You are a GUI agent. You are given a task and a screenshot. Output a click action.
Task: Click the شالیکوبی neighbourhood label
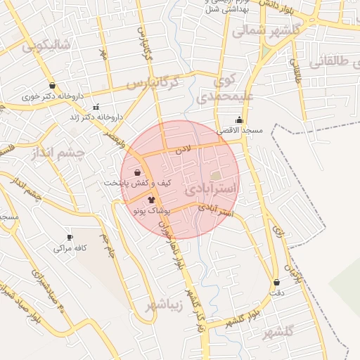point(46,46)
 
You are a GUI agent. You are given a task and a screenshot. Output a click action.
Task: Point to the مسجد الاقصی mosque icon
point(240,119)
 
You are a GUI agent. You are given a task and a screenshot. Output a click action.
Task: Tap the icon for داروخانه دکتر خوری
point(53,86)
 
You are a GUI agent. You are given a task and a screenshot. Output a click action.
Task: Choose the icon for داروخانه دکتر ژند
point(95,107)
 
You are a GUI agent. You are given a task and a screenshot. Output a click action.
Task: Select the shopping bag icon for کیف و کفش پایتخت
point(136,172)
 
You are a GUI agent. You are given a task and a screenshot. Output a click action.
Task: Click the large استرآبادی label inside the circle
point(212,190)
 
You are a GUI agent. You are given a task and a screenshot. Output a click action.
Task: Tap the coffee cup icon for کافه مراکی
point(69,237)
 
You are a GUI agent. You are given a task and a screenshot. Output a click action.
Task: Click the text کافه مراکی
point(70,248)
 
